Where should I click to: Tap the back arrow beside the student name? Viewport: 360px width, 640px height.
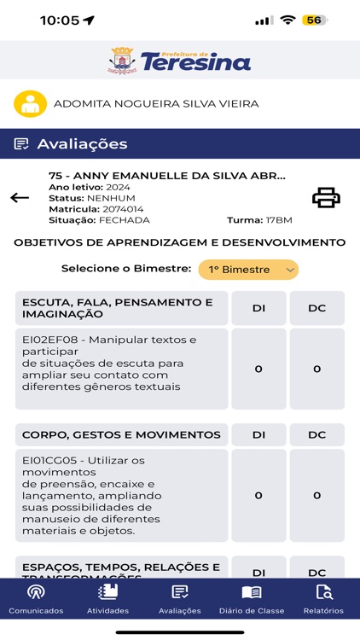click(x=20, y=198)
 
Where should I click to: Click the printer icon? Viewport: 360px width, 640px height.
click(x=326, y=198)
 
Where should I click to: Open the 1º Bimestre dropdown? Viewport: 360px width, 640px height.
click(x=248, y=270)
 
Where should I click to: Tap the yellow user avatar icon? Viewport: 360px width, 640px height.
click(x=30, y=104)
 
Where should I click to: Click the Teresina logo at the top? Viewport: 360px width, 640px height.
click(x=180, y=60)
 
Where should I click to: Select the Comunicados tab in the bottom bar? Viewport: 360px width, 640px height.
click(x=36, y=600)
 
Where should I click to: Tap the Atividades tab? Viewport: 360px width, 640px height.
click(x=107, y=600)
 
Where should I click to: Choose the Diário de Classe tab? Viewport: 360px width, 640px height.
click(x=251, y=600)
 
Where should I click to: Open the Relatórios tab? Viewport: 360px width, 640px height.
click(x=323, y=600)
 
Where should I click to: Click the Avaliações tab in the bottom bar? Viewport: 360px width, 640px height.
click(x=180, y=600)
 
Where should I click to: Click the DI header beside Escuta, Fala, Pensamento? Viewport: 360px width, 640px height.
click(x=258, y=308)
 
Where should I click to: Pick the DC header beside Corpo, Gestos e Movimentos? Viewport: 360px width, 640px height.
click(x=316, y=434)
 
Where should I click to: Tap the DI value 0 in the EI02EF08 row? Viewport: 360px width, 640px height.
click(x=258, y=369)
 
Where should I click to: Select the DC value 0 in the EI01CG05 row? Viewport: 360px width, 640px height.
click(x=316, y=496)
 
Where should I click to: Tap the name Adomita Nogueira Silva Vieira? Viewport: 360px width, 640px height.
click(x=156, y=104)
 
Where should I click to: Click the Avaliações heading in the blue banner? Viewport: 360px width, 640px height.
click(x=82, y=144)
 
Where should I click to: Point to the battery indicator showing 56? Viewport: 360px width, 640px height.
click(x=314, y=20)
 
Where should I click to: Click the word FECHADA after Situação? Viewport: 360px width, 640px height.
click(x=125, y=220)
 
